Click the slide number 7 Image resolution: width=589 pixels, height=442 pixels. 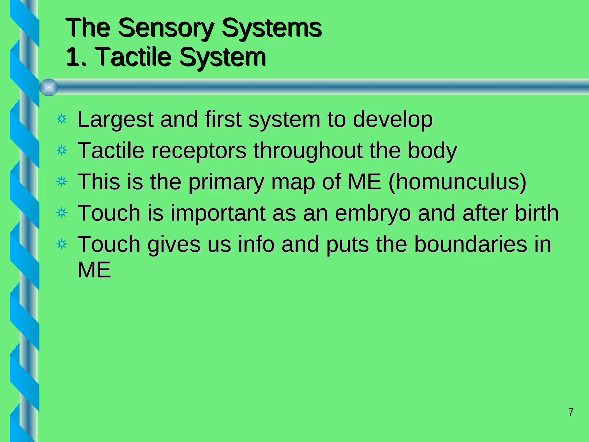point(571,412)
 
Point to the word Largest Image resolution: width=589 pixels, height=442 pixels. point(115,119)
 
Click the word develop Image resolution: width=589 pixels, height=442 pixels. point(393,119)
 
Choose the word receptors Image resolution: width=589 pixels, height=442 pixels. point(199,150)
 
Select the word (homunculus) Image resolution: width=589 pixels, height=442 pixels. point(457,182)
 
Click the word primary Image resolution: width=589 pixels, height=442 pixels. point(226,182)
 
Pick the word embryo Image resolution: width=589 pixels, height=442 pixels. point(373,213)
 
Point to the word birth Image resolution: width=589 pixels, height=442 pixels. point(537,213)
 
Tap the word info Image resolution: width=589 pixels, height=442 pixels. point(256,244)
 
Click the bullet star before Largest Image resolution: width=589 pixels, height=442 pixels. point(62,119)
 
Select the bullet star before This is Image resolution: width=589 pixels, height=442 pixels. point(62,182)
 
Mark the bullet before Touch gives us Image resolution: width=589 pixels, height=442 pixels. point(62,244)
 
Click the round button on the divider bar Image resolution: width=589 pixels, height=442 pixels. point(49,87)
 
